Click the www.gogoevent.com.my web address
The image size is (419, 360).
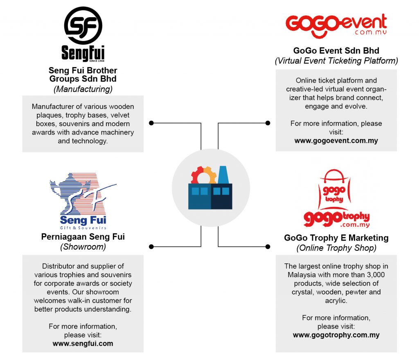pos(336,140)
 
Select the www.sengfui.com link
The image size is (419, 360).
pos(83,343)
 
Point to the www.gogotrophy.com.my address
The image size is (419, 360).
pos(336,335)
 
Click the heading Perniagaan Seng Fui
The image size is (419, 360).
pos(83,237)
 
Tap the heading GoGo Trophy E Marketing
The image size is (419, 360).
pos(336,238)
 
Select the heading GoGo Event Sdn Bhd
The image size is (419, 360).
pos(336,51)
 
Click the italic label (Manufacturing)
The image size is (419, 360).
pos(83,88)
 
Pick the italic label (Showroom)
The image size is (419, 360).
pos(83,247)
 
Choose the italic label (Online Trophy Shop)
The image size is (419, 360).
pos(336,248)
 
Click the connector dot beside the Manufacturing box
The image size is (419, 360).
pos(151,123)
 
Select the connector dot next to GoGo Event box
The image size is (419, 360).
pos(268,123)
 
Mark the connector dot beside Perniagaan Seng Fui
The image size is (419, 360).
pos(151,246)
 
